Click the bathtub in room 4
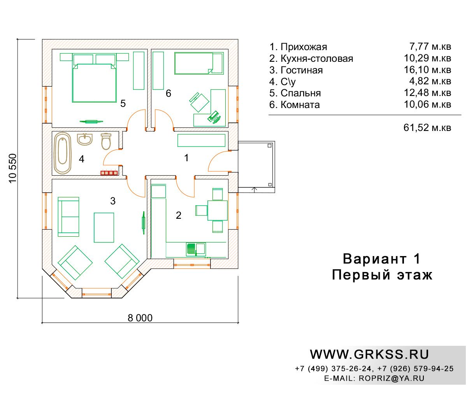(63, 153)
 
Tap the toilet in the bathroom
(106, 141)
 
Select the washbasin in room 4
(85, 139)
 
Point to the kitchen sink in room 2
(196, 249)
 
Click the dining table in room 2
(217, 210)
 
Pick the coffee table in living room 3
(104, 227)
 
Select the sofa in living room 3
(68, 217)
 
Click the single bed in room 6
(199, 63)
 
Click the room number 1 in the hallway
(186, 158)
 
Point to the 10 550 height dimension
(13, 168)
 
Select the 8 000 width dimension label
(140, 318)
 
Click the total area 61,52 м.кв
(427, 127)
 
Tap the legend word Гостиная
(302, 70)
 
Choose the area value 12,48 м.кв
(427, 93)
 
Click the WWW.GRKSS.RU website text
(369, 354)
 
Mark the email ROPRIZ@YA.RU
(392, 378)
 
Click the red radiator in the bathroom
(109, 173)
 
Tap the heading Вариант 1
(381, 259)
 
